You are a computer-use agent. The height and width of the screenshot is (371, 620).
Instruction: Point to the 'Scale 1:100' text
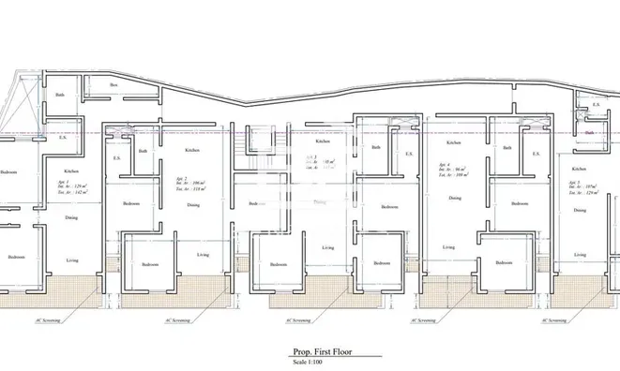tap(310, 362)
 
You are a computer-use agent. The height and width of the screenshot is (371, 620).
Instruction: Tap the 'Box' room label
tap(113, 85)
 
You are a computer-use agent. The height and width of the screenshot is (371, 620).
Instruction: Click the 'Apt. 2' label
tap(181, 178)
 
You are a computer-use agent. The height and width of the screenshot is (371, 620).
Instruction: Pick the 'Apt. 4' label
tap(445, 163)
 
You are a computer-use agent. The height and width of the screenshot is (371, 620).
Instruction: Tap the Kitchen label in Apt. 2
tap(192, 150)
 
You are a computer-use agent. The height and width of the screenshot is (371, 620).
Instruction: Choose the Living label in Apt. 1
tap(71, 260)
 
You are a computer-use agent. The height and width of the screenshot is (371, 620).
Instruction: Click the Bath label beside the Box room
tap(60, 95)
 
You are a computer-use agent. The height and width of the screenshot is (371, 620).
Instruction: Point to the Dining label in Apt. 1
tap(71, 217)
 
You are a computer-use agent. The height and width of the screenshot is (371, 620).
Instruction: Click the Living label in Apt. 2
tap(203, 254)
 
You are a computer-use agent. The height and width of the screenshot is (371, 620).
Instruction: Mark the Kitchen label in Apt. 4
tap(454, 142)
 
